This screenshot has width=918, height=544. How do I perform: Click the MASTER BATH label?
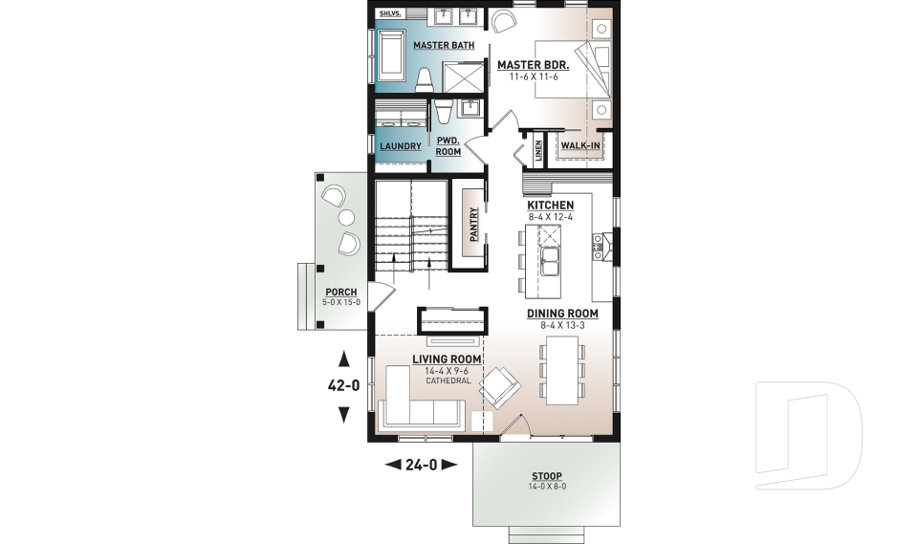point(439,45)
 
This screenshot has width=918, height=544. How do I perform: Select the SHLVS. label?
point(389,14)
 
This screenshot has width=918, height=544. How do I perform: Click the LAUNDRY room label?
point(400,146)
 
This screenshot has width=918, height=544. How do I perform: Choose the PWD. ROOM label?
point(448,145)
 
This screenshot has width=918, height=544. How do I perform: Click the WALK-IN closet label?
point(580,145)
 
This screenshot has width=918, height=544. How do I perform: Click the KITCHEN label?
point(550,206)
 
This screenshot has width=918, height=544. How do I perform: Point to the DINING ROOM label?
point(562,314)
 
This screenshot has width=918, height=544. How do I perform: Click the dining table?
point(561,369)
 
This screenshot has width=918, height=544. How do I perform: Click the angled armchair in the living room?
point(501,389)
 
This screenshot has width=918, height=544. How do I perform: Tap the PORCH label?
point(341,292)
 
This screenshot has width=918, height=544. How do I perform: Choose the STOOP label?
point(547,476)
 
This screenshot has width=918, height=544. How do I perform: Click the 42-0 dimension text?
point(343,387)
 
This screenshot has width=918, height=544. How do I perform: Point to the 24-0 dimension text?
point(421,466)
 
